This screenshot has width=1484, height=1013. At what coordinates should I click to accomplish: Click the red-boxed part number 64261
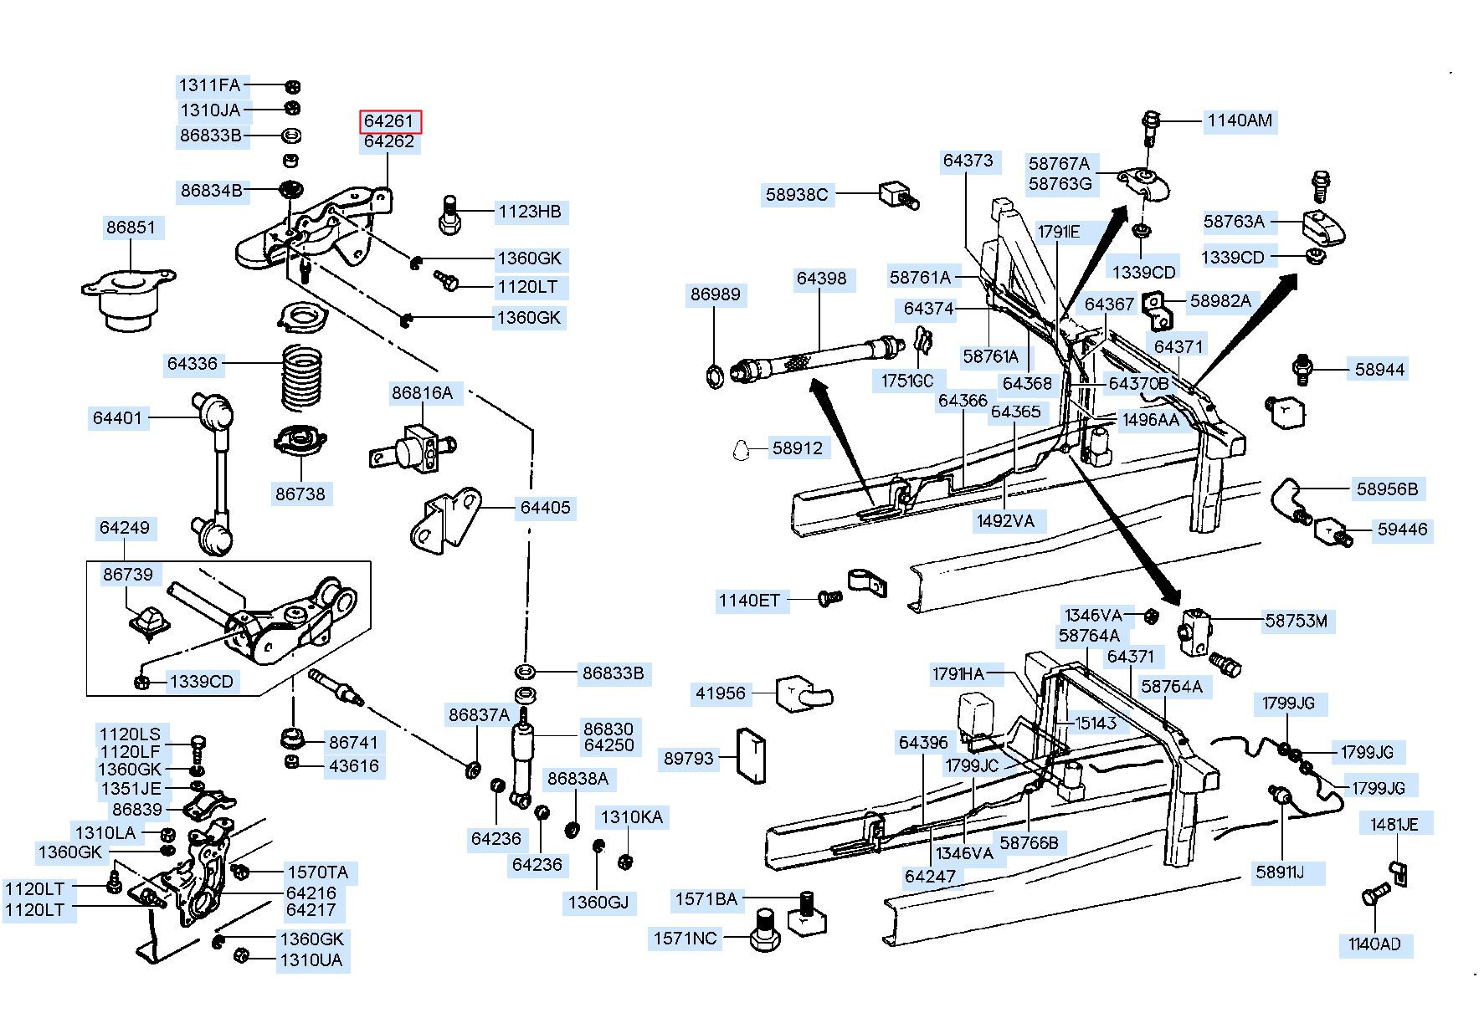pyautogui.click(x=390, y=121)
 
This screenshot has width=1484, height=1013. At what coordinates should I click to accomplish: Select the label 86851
pyautogui.click(x=131, y=227)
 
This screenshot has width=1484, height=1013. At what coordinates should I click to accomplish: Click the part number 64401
pyautogui.click(x=118, y=417)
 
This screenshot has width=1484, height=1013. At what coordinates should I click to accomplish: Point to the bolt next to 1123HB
pyautogui.click(x=449, y=214)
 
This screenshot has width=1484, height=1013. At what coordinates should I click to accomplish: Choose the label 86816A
pyautogui.click(x=422, y=392)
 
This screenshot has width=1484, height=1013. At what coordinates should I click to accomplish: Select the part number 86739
pyautogui.click(x=128, y=574)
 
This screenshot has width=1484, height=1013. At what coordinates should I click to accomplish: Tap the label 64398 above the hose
pyautogui.click(x=821, y=279)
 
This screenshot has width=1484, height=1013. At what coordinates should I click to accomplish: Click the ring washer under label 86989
pyautogui.click(x=716, y=375)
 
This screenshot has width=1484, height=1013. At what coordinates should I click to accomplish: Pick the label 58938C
pyautogui.click(x=797, y=195)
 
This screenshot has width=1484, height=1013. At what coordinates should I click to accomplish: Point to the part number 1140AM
pyautogui.click(x=1240, y=120)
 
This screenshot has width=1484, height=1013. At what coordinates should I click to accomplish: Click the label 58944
pyautogui.click(x=1379, y=369)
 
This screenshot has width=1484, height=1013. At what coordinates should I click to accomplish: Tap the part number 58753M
pyautogui.click(x=1296, y=621)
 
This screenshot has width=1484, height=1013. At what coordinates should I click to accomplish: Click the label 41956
pyautogui.click(x=721, y=693)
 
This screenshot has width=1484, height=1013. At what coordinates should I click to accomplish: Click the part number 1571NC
pyautogui.click(x=686, y=939)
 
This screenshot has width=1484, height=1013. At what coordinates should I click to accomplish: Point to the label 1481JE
pyautogui.click(x=1394, y=824)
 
